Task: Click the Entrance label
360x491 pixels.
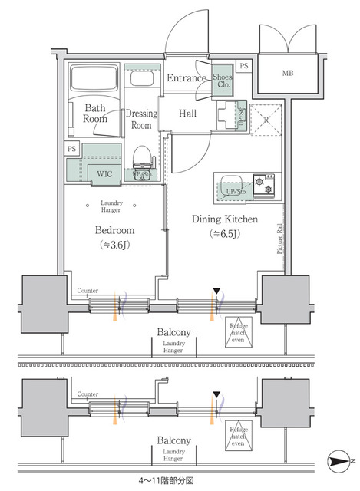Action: pos(187,78)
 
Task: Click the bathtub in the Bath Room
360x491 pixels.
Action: pos(94,81)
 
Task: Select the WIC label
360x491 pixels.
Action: pos(104,173)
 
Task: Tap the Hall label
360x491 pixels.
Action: pos(188,114)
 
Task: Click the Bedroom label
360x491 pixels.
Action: pos(115,230)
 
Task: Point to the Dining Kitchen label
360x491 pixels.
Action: pos(224,219)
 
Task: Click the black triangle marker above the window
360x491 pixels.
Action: pos(216,291)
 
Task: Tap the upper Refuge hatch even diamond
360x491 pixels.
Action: pos(239,329)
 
